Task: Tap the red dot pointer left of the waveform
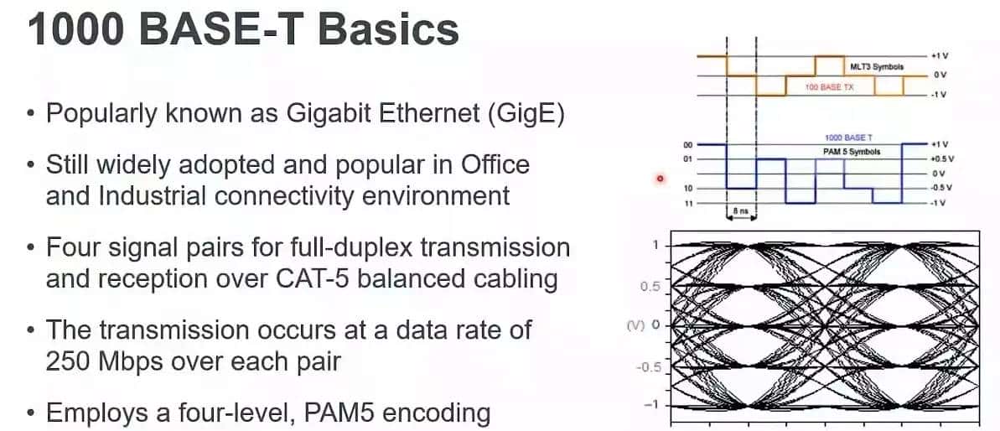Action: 661,178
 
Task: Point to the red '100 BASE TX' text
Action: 828,87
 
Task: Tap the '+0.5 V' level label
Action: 943,158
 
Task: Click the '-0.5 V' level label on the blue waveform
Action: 943,188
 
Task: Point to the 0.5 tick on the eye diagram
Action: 650,286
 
